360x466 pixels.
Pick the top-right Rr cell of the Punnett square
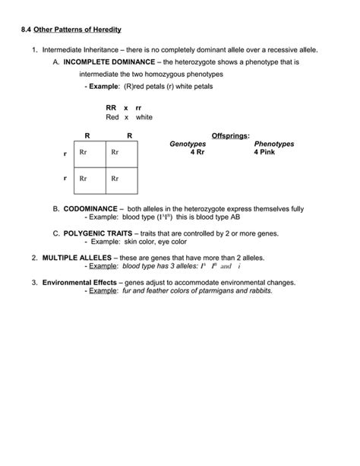coord(115,152)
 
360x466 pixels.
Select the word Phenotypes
coord(274,143)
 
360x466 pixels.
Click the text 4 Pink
coord(267,151)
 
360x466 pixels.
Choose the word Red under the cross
coord(112,118)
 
